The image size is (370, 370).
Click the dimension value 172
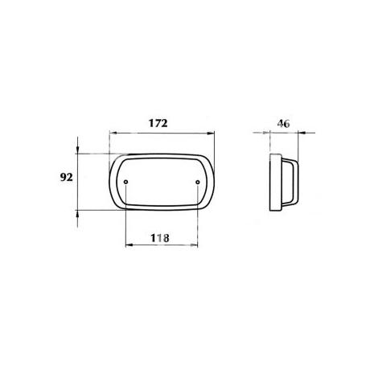click(158, 123)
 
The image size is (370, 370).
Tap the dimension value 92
click(66, 177)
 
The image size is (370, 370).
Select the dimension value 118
click(160, 238)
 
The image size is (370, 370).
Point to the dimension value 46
click(283, 124)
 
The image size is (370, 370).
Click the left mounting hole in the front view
click(126, 182)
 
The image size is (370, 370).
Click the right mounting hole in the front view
click(198, 182)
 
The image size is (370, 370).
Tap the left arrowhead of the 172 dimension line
click(113, 133)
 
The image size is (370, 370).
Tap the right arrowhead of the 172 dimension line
click(212, 133)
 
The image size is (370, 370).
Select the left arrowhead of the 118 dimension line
click(129, 245)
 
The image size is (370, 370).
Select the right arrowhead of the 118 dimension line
click(194, 245)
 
